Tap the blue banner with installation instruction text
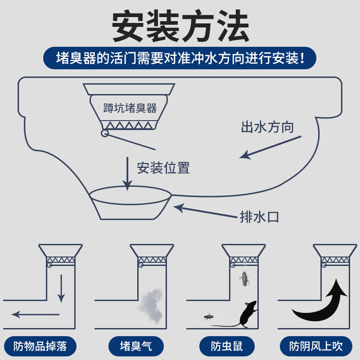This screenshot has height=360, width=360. pos(180,58)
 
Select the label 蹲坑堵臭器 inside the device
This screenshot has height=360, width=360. pos(130,108)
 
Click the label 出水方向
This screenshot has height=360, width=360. pos(267,127)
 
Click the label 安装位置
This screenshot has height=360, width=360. pos(163,168)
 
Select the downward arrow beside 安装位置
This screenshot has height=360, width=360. pos(128,173)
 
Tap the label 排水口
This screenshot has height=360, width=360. pos(259,217)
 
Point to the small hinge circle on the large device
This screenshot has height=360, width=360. pos(104,133)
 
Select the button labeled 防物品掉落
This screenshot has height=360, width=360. pos(40,346)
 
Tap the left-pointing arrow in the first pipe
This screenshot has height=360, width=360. pos(34,314)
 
